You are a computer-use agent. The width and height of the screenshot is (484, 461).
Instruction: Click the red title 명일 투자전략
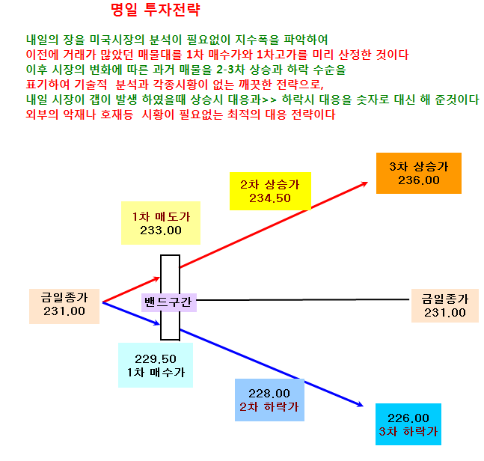pos(156,10)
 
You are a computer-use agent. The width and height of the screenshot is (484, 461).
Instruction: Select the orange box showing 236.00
pos(419,173)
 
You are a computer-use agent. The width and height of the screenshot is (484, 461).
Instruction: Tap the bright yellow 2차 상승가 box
pos(270,191)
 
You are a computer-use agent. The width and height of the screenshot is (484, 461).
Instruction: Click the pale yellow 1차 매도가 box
pos(161,223)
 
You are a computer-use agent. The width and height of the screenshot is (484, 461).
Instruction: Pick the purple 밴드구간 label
pos(168,302)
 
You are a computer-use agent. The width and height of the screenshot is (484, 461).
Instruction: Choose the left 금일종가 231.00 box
pos(64,306)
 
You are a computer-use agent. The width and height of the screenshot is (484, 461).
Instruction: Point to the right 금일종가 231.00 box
pos(445,305)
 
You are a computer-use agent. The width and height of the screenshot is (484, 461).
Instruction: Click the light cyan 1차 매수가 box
pos(156,365)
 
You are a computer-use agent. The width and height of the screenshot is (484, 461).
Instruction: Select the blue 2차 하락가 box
pos(269,400)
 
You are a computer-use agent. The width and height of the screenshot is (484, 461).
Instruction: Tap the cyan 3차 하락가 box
pos(408,424)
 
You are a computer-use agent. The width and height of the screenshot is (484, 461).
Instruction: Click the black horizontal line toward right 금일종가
pos(302,299)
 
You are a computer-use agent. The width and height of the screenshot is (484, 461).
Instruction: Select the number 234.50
pos(270,198)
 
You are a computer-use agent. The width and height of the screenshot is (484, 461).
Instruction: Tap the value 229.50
pos(156,359)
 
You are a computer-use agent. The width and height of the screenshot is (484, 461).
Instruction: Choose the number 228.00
pos(269,394)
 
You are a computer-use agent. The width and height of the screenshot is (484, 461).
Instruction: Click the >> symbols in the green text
pos(269,100)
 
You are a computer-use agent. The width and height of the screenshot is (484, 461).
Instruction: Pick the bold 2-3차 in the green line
pos(230,70)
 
